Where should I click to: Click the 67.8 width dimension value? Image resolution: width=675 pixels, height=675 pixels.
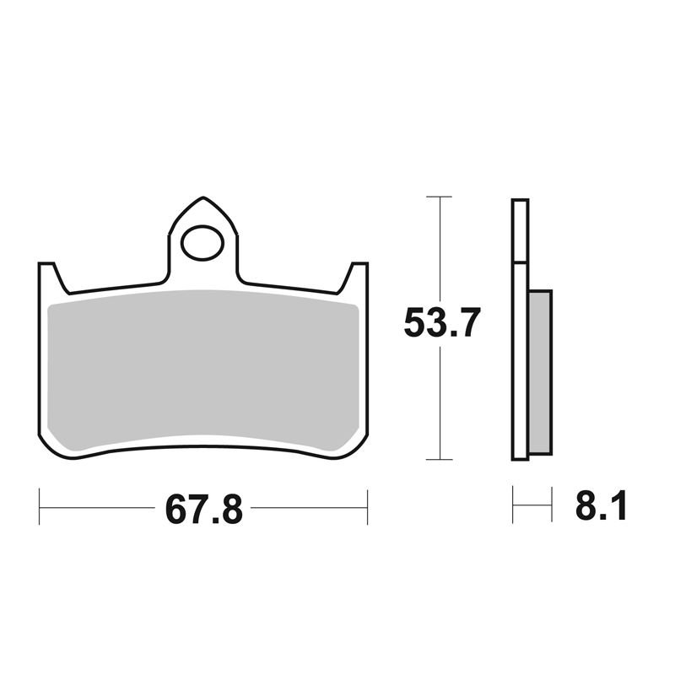click(x=204, y=510)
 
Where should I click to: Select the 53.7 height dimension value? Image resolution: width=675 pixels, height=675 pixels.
click(x=441, y=322)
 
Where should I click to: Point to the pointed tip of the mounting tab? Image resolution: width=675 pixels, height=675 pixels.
click(x=203, y=197)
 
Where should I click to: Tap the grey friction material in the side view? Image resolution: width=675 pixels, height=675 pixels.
click(x=540, y=372)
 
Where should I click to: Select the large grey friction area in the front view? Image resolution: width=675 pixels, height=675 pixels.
click(x=202, y=370)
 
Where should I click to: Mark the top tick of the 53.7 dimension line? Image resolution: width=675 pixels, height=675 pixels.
click(x=439, y=197)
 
